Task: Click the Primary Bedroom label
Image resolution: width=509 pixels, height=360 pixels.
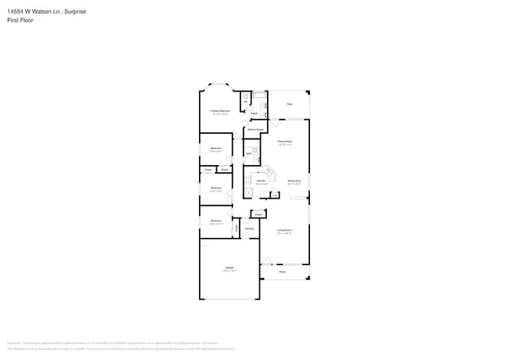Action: [219, 111]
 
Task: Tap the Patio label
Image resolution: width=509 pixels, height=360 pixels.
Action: [289, 104]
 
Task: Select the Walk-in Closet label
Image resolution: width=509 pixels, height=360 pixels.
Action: [255, 128]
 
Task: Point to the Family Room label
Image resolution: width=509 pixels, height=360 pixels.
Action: [284, 141]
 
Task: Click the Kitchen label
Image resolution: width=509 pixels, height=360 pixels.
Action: [261, 181]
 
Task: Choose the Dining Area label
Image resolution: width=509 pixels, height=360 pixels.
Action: [294, 181]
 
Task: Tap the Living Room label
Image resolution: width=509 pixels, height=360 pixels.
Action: [284, 230]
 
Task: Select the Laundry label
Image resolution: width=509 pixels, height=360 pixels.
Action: [250, 229]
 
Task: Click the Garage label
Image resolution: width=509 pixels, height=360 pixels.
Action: [229, 268]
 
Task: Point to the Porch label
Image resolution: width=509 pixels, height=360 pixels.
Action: [283, 272]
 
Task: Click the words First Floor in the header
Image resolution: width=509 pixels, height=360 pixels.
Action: [20, 20]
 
